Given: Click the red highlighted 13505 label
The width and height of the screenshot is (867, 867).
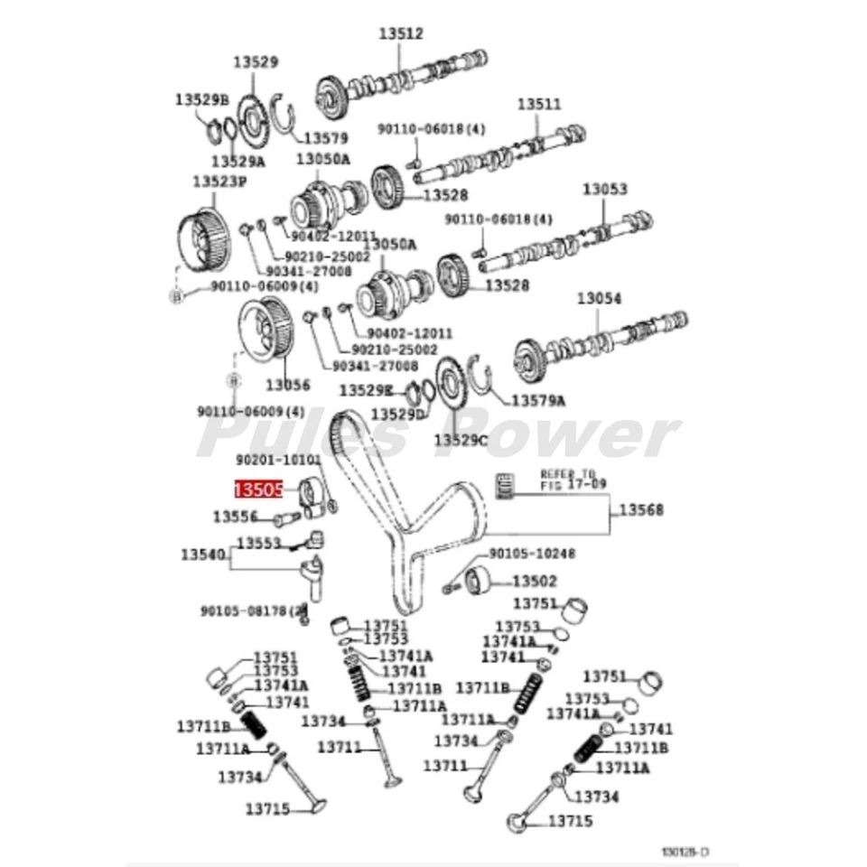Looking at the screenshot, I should point(259,489).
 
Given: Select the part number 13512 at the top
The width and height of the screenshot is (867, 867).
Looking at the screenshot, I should point(400,34).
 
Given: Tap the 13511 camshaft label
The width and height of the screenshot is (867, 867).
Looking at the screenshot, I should point(539,104).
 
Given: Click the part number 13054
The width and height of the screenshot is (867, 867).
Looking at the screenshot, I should point(600,297).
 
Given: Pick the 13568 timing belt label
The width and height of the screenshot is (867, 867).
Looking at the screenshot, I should point(640,510).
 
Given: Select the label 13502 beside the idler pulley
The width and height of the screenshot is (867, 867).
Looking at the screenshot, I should point(535,582).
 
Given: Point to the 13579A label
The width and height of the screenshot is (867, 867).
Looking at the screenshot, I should point(538,400).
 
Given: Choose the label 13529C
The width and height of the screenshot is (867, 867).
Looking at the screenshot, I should point(461,440).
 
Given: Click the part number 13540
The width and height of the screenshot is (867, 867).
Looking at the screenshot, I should point(202,554).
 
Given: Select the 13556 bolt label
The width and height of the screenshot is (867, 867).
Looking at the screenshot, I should point(235,517).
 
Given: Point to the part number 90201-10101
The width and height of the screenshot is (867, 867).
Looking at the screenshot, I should point(278,460).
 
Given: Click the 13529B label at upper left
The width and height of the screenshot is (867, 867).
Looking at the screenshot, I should point(202,99).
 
